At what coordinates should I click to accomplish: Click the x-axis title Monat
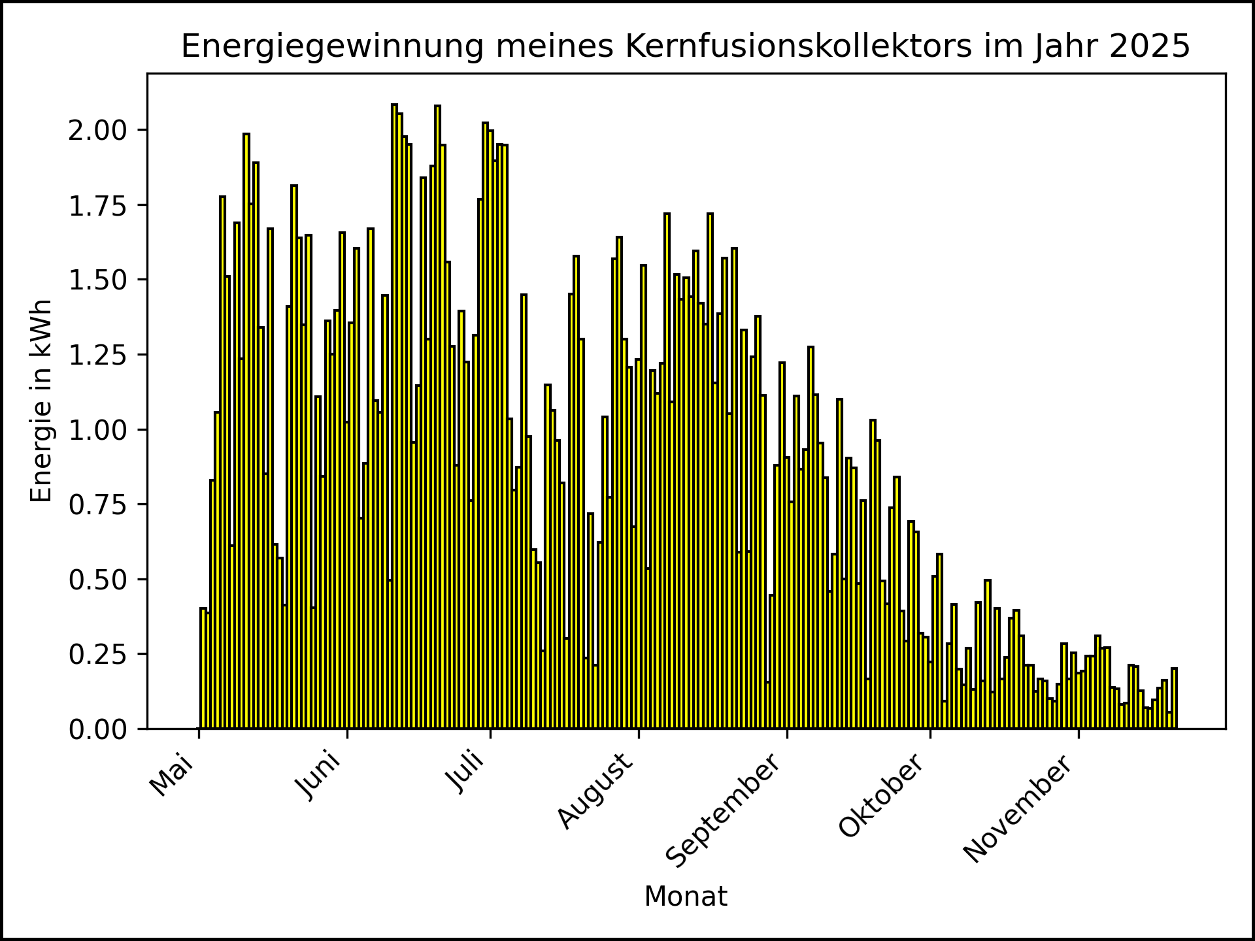click(685, 897)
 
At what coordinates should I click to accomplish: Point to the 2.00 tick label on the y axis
click(98, 130)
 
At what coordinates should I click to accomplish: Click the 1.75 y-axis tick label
click(98, 205)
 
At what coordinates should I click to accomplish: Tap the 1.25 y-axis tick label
click(98, 355)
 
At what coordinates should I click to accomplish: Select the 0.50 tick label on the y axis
click(98, 580)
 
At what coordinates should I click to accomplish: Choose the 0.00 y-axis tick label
click(98, 729)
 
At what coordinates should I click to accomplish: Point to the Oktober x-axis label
click(882, 796)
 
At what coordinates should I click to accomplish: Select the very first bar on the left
click(203, 668)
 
